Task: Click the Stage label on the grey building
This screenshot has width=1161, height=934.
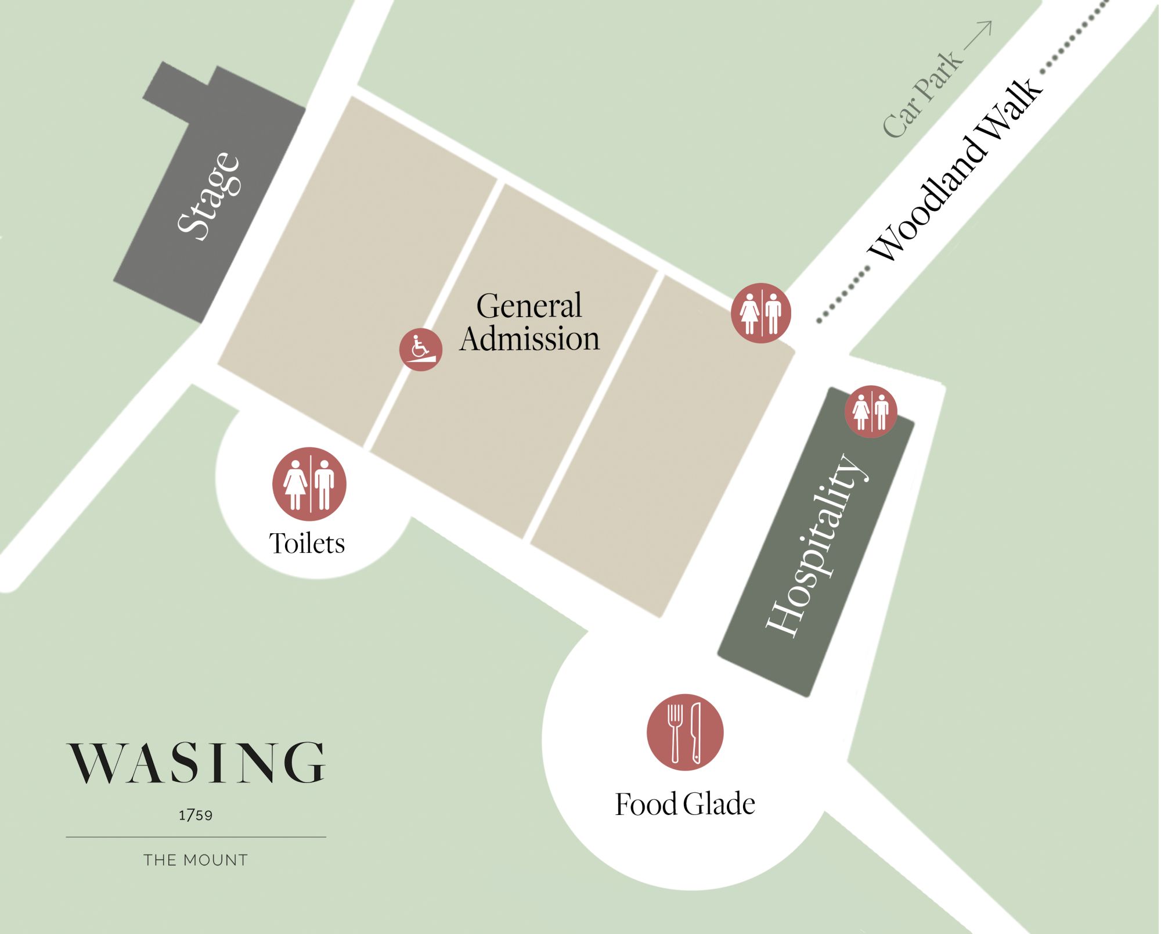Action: point(208,196)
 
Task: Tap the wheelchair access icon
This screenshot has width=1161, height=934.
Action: point(420,349)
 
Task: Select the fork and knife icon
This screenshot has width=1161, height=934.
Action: point(685,732)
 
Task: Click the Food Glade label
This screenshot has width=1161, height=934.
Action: point(685,804)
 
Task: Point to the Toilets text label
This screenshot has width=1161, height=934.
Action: point(307,544)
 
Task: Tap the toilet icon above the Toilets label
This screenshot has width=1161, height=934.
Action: point(309,484)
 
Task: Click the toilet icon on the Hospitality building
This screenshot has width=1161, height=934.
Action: point(871,411)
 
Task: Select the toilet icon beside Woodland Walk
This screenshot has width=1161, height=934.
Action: point(760,313)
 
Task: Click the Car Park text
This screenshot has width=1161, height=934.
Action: point(921,95)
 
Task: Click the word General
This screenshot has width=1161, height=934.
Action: point(529,306)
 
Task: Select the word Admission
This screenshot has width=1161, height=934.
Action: point(529,339)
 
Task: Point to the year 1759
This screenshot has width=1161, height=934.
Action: point(196,816)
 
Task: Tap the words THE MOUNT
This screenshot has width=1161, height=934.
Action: point(196,860)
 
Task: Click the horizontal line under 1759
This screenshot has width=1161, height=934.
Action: point(196,837)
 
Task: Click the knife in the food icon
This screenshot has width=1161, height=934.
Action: point(695,733)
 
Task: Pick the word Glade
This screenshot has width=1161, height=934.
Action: point(719,804)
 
